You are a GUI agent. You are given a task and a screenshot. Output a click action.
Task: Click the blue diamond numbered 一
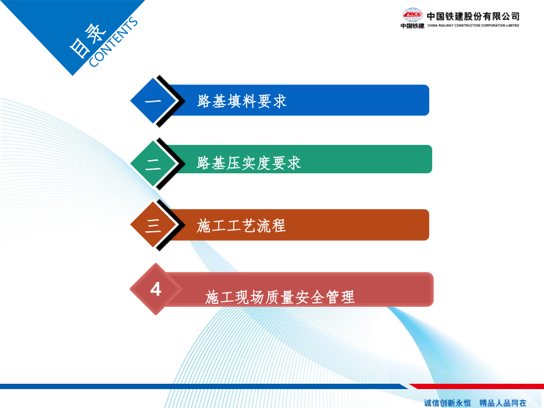(x=153, y=101)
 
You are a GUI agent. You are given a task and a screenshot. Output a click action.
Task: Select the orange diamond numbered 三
(x=153, y=225)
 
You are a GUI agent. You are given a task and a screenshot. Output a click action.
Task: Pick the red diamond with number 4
(x=156, y=289)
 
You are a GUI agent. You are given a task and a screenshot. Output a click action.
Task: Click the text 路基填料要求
(x=242, y=101)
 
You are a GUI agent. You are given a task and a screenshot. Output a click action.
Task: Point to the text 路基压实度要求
(x=249, y=163)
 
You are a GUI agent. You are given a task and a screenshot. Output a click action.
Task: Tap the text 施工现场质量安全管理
(x=280, y=297)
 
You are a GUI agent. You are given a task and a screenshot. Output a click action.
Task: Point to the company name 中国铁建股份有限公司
(x=473, y=16)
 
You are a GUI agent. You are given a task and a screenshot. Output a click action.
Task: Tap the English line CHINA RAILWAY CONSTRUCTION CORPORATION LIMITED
(x=473, y=25)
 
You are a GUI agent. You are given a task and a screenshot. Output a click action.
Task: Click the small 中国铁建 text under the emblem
(x=412, y=25)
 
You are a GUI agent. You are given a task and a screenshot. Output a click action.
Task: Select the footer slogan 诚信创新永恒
(x=448, y=403)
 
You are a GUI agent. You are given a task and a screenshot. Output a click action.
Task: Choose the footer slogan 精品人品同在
(x=503, y=403)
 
